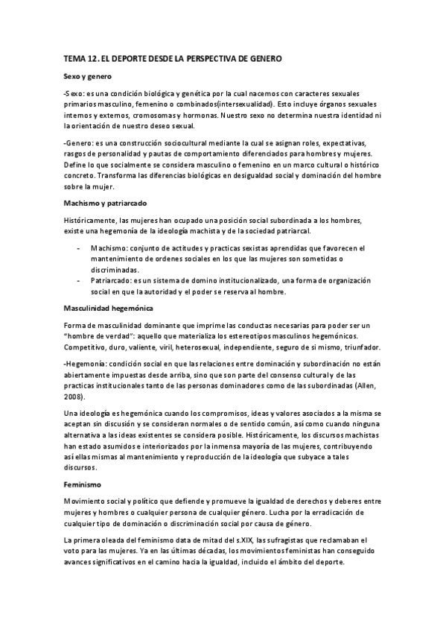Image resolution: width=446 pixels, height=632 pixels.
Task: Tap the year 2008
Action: (x=74, y=399)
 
